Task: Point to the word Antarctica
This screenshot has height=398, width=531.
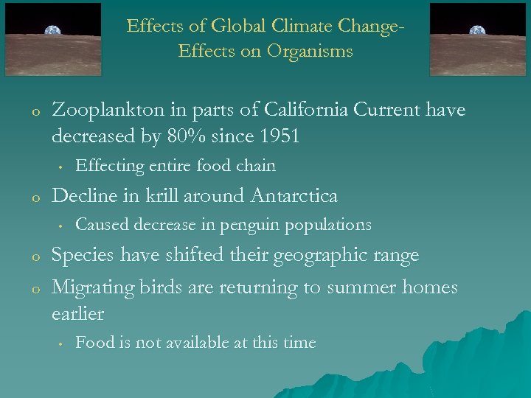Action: (294, 196)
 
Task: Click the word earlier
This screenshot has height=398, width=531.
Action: (77, 313)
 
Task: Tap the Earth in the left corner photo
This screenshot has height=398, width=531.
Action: (52, 31)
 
